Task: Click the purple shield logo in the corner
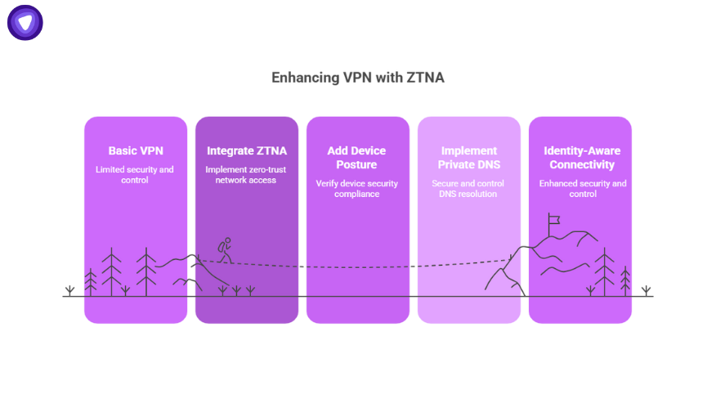25,23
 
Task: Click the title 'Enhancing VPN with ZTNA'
358,78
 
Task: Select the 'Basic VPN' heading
136,151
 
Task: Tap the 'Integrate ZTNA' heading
247,151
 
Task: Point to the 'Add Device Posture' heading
357,158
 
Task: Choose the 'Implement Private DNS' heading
468,158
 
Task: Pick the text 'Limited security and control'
136,175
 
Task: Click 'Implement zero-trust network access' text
247,175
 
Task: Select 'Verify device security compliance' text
357,189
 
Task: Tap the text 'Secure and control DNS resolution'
468,189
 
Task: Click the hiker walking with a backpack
225,250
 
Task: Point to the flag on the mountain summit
553,219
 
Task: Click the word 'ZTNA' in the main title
424,78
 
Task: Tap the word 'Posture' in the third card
357,165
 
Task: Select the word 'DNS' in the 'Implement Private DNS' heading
489,165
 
